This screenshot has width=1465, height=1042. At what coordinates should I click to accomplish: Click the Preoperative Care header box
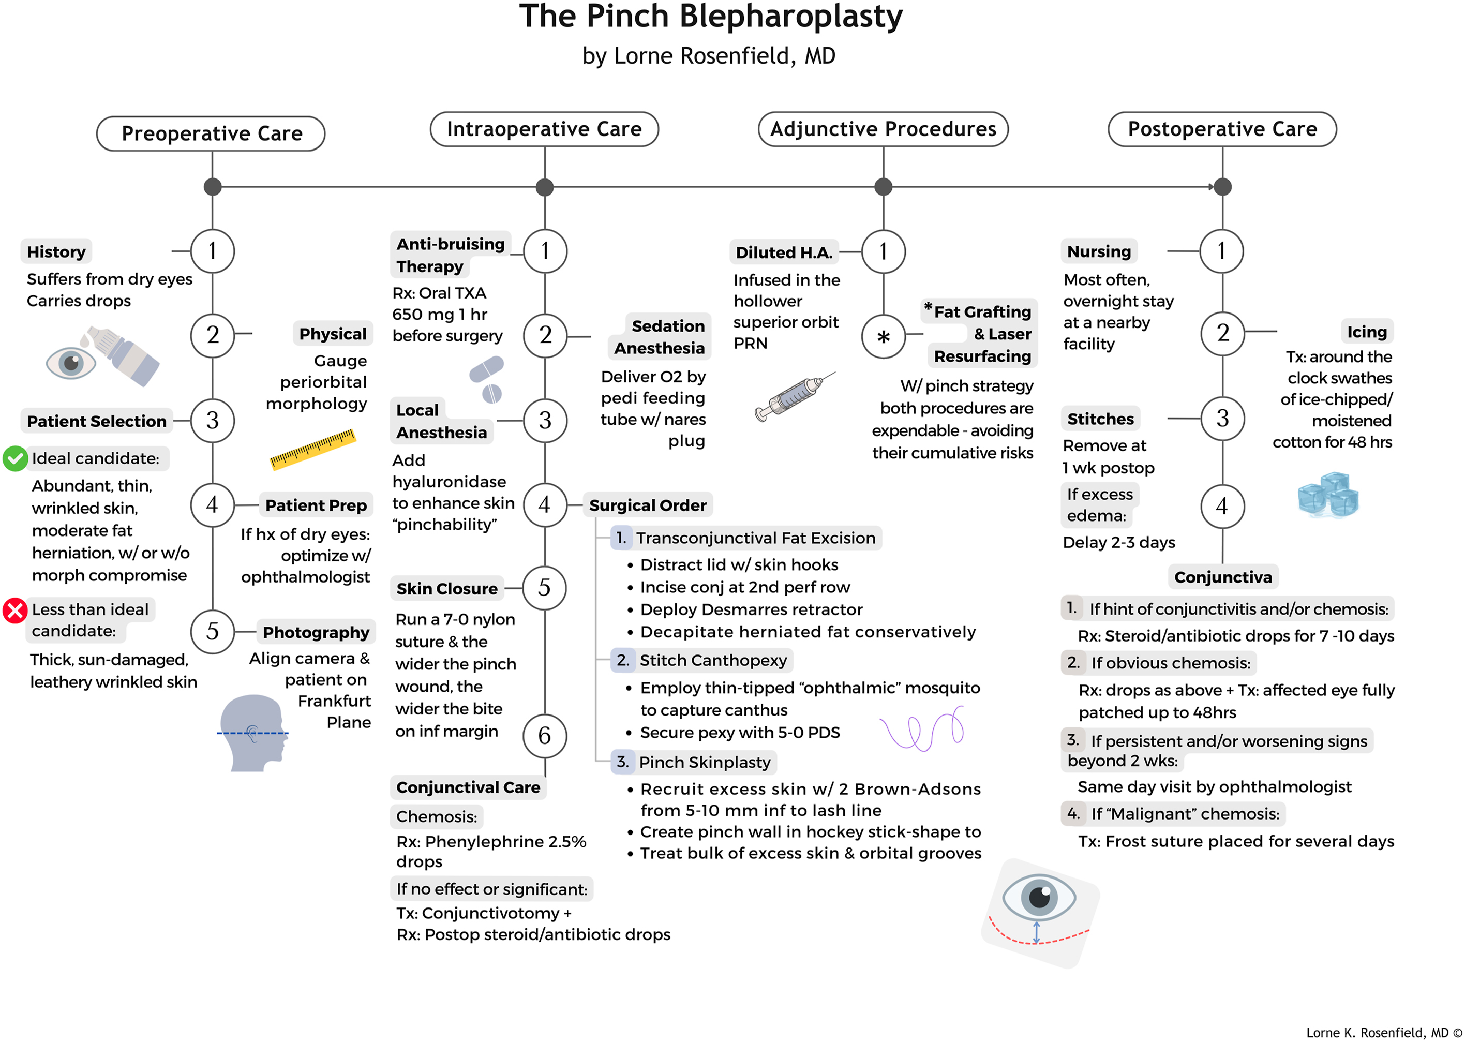[x=211, y=133]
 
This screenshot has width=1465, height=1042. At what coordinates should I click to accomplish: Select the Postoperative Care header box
[x=1221, y=129]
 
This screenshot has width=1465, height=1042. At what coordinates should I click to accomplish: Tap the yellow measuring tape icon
[x=312, y=449]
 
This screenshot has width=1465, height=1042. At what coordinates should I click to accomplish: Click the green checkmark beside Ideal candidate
[x=15, y=458]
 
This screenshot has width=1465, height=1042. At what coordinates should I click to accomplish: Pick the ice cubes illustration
[x=1327, y=495]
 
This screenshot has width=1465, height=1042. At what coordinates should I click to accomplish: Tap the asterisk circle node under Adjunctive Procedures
[x=883, y=336]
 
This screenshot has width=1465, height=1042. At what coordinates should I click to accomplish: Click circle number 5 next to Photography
[x=212, y=631]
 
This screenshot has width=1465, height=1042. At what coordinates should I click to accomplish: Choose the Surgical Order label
[x=647, y=505]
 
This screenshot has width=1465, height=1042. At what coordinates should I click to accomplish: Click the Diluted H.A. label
[x=783, y=252]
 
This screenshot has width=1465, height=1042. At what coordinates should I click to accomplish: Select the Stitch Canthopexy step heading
[x=712, y=660]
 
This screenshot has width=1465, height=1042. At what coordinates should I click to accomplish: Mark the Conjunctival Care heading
[x=468, y=787]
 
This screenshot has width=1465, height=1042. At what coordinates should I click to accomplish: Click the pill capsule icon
[x=487, y=379]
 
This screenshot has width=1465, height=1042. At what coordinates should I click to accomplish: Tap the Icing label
[x=1366, y=332]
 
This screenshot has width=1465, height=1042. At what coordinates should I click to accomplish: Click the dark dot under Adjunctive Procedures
[x=883, y=187]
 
